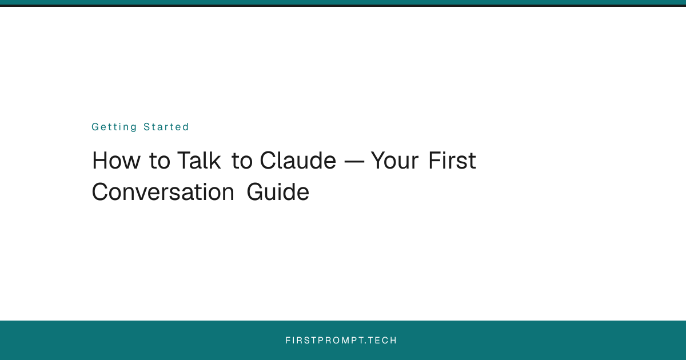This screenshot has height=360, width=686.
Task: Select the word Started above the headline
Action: click(166, 127)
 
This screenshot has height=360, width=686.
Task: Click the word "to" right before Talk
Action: click(159, 161)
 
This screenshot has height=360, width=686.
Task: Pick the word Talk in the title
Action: click(198, 161)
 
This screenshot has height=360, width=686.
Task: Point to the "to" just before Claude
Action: click(242, 161)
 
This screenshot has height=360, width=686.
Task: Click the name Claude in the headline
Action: click(298, 161)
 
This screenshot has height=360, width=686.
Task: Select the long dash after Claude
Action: click(353, 162)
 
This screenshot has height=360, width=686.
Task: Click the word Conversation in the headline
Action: click(163, 192)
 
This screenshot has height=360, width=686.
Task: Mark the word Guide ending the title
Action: click(278, 192)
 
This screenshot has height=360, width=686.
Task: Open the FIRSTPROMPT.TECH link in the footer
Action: click(341, 341)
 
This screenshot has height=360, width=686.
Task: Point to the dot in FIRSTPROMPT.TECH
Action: click(366, 343)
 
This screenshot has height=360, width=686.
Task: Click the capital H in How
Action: click(100, 161)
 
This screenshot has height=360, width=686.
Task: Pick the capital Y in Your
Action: click(378, 161)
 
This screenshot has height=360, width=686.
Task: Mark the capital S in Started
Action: click(147, 127)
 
